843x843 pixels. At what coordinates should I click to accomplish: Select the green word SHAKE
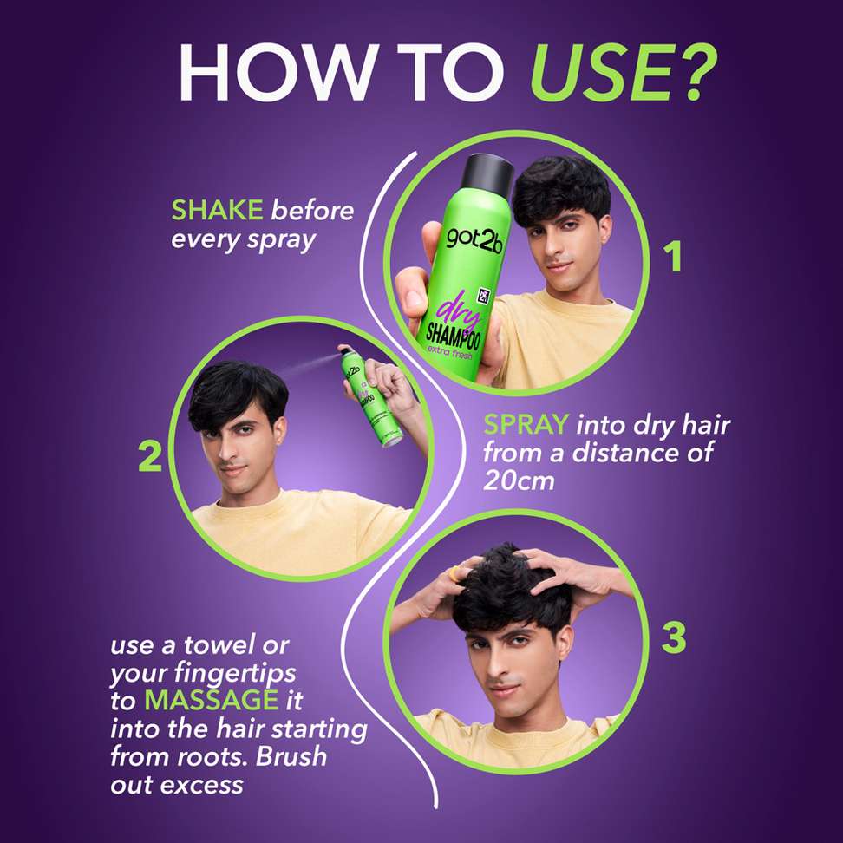217,210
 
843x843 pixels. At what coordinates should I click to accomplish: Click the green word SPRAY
526,425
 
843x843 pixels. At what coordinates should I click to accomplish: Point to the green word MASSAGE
212,700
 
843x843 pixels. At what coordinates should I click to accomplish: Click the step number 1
673,257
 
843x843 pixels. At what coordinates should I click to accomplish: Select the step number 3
674,637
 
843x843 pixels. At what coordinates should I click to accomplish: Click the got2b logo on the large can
474,239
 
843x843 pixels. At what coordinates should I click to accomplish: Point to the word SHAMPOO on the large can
454,334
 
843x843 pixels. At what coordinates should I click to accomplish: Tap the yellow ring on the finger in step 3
455,573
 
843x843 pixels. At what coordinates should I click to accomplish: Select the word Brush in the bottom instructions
291,756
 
